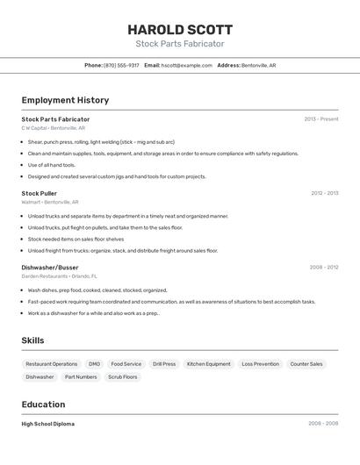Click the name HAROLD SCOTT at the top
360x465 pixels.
(x=180, y=29)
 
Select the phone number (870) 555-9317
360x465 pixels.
(x=121, y=65)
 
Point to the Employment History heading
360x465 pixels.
(x=65, y=100)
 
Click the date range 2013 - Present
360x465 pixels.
(x=320, y=118)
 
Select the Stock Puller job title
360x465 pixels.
(x=40, y=193)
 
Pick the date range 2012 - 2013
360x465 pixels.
(x=324, y=193)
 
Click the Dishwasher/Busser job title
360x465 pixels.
(x=50, y=267)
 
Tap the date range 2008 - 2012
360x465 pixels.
(x=324, y=267)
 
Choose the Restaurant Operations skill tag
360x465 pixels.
(x=52, y=363)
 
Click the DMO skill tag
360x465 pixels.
(x=94, y=363)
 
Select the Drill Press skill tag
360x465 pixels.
(x=164, y=363)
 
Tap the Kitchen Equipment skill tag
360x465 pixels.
(x=209, y=363)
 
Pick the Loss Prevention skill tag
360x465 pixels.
(x=260, y=363)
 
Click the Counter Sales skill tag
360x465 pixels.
(x=306, y=363)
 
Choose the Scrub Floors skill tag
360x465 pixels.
(x=123, y=377)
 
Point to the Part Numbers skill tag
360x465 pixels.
(x=81, y=377)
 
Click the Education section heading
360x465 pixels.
(x=43, y=404)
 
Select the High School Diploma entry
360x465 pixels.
(x=48, y=424)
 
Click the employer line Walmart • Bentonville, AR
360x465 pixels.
(x=50, y=202)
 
